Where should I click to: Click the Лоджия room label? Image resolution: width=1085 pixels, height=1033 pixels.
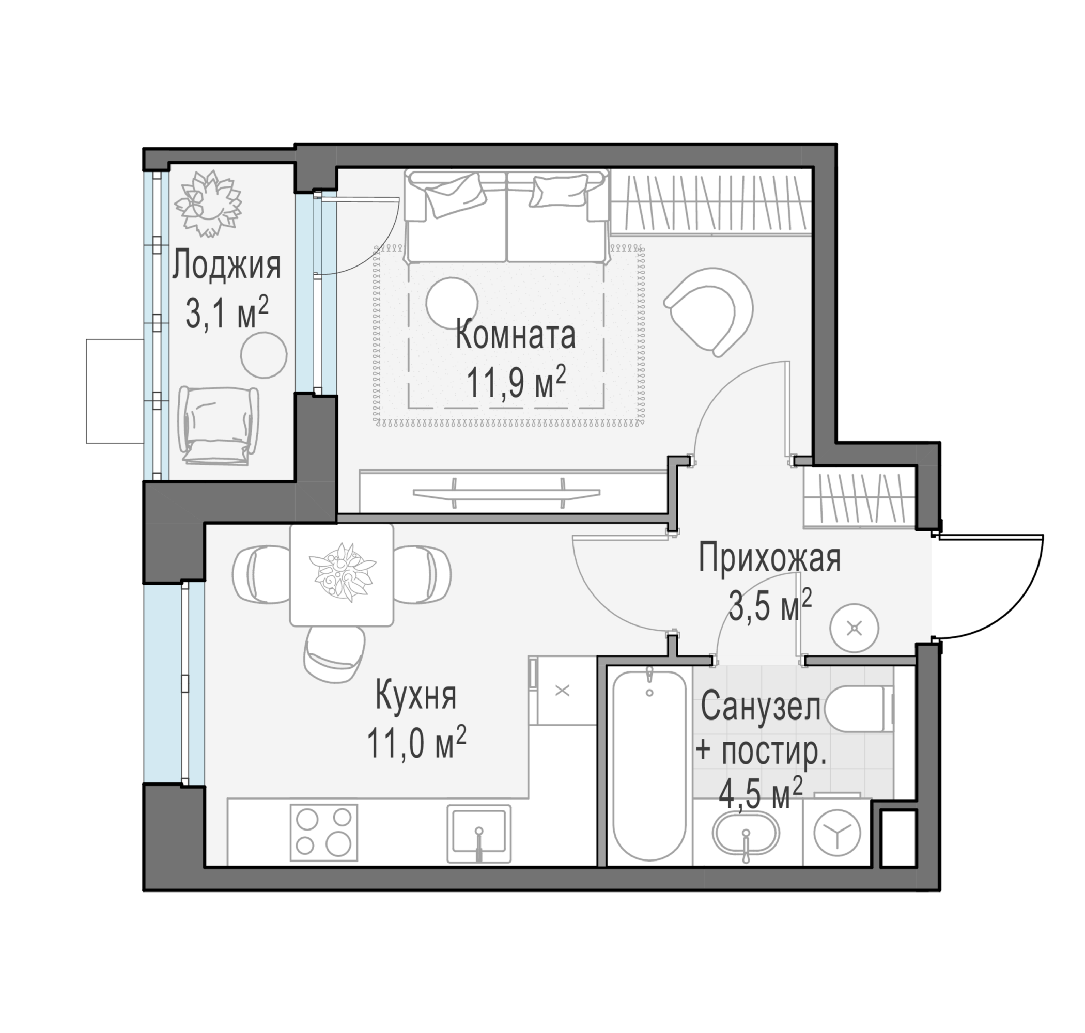coord(226,266)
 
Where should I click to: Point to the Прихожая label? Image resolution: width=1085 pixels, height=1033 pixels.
coord(769,558)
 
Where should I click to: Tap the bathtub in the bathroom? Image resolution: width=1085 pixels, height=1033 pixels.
coord(649,765)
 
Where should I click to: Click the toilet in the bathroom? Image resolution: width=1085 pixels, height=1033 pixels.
coord(860,708)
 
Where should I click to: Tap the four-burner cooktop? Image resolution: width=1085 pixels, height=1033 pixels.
coord(324,832)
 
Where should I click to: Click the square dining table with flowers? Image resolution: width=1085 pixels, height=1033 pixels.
coord(342,575)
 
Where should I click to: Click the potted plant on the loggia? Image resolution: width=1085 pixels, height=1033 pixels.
coord(208,203)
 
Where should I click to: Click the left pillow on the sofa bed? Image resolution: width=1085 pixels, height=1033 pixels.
coord(455,195)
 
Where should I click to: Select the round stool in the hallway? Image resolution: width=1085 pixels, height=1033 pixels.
coord(854,628)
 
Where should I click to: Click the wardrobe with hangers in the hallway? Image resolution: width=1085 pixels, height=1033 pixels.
coord(859,498)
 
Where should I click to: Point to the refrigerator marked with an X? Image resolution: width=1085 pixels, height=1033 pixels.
coord(562,690)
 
